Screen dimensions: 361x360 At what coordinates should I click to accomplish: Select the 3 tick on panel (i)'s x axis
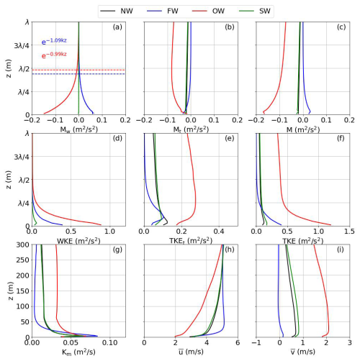[x=348, y=343]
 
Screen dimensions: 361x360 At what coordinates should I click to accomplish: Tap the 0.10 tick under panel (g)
[x=109, y=343]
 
